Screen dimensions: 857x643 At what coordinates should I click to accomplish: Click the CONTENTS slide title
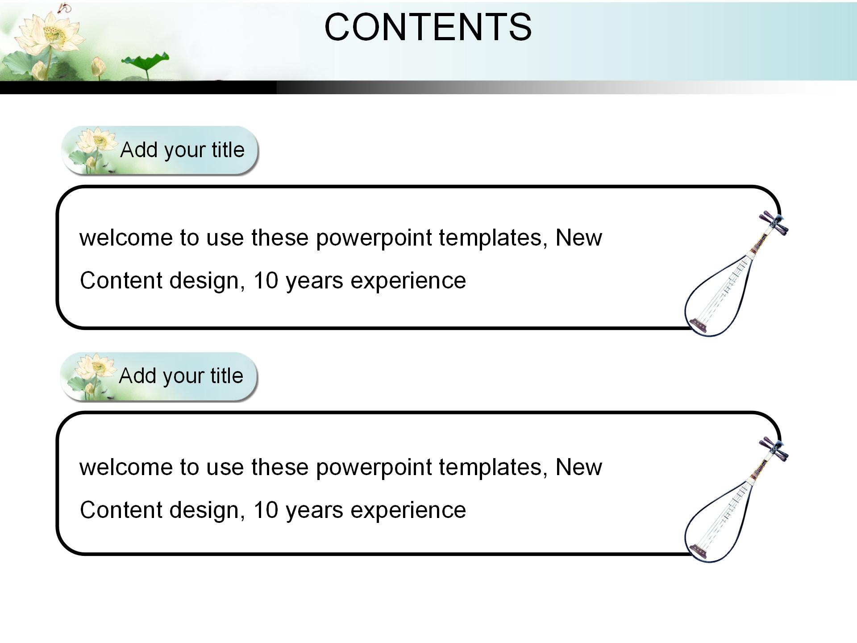[428, 27]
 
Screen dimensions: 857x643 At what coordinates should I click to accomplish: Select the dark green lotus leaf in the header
[146, 60]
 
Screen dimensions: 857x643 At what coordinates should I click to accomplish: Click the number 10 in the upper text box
[266, 281]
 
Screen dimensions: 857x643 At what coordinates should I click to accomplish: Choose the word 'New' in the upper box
[578, 238]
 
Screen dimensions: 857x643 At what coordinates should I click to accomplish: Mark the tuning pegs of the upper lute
[775, 223]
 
